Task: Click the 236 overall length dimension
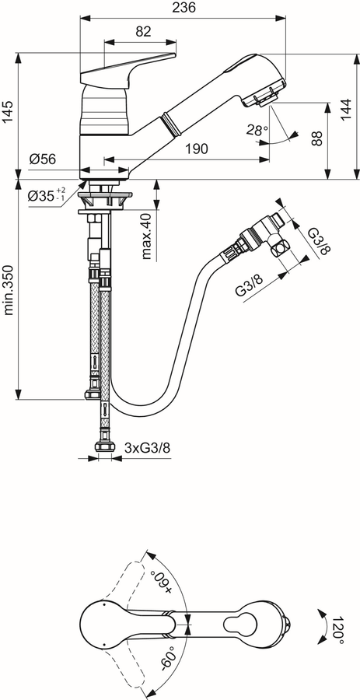(x=183, y=8)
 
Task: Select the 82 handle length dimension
(x=143, y=31)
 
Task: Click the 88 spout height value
(x=316, y=138)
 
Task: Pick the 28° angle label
(x=257, y=131)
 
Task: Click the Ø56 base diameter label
(x=43, y=159)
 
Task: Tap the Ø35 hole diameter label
(x=47, y=195)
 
